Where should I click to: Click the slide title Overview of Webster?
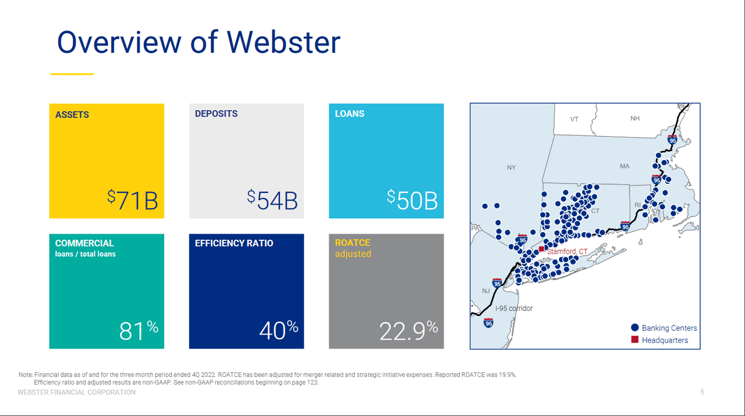[x=198, y=42]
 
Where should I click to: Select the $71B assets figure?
[x=133, y=200]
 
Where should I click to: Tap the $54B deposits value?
[x=272, y=200]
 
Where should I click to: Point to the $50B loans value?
[x=412, y=200]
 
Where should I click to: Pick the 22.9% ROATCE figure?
[x=409, y=330]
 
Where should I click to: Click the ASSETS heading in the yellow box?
[x=72, y=115]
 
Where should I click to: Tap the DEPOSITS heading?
[x=216, y=113]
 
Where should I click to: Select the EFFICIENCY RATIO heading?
[x=234, y=243]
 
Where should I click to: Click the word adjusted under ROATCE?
[x=353, y=254]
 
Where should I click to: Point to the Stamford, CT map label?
[x=567, y=251]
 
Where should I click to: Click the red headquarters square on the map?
[x=541, y=248]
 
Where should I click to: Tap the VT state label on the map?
[x=574, y=119]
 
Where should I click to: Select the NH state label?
[x=635, y=119]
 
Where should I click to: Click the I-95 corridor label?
[x=514, y=308]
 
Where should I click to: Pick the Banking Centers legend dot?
[x=635, y=328]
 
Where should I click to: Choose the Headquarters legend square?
[x=635, y=340]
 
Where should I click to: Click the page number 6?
[x=702, y=392]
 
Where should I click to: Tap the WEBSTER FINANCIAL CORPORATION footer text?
[x=77, y=393]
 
